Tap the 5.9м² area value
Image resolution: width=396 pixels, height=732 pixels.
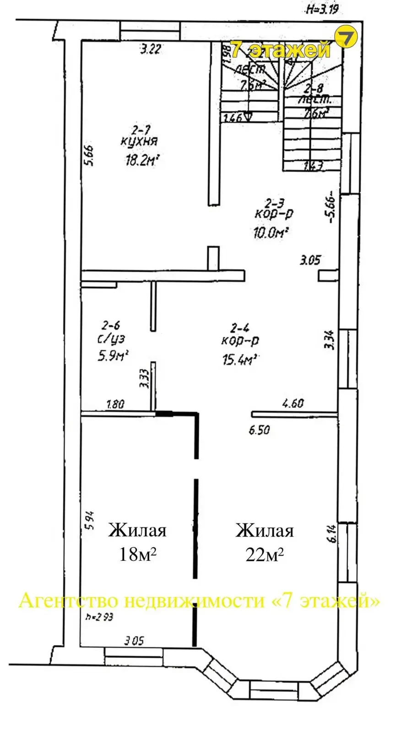(112, 355)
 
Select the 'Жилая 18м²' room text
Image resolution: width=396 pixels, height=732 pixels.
(137, 542)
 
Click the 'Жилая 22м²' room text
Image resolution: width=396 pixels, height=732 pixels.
(265, 542)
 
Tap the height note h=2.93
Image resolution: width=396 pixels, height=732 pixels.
(99, 617)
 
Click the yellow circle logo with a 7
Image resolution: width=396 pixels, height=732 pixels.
(346, 38)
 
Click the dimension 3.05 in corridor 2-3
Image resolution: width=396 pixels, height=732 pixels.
(309, 261)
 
